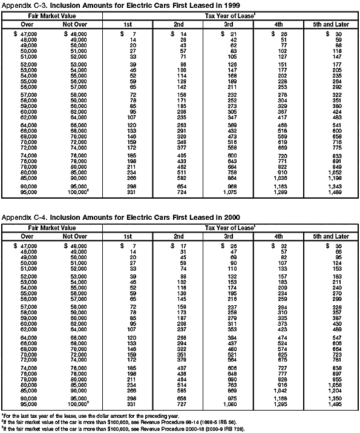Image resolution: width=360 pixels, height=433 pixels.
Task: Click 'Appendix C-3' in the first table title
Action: tap(22, 5)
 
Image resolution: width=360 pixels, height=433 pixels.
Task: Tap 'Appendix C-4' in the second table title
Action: tap(22, 216)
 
